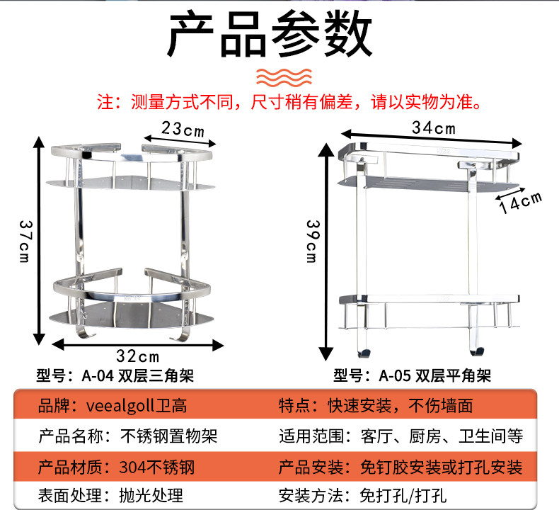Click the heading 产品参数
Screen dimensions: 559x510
269,35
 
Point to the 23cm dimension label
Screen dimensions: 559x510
183,130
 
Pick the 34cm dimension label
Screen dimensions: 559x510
433,128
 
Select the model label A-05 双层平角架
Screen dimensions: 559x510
412,375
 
